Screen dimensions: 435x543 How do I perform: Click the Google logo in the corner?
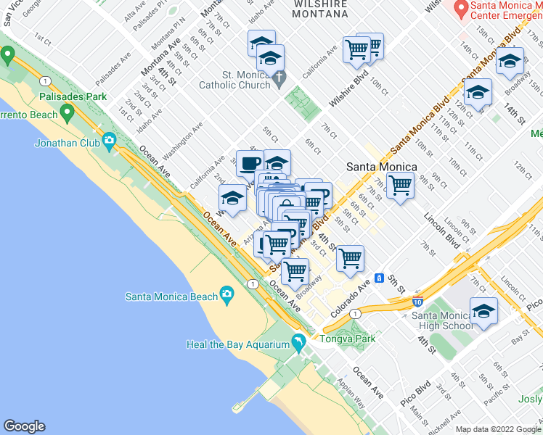24,426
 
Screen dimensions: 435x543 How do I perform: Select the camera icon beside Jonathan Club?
109,140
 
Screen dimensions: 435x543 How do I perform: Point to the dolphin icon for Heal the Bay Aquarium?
298,341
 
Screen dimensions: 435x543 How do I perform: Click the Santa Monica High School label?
441,320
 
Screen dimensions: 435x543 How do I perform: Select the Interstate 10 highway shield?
417,300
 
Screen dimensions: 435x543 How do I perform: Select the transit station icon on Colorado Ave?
380,278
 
